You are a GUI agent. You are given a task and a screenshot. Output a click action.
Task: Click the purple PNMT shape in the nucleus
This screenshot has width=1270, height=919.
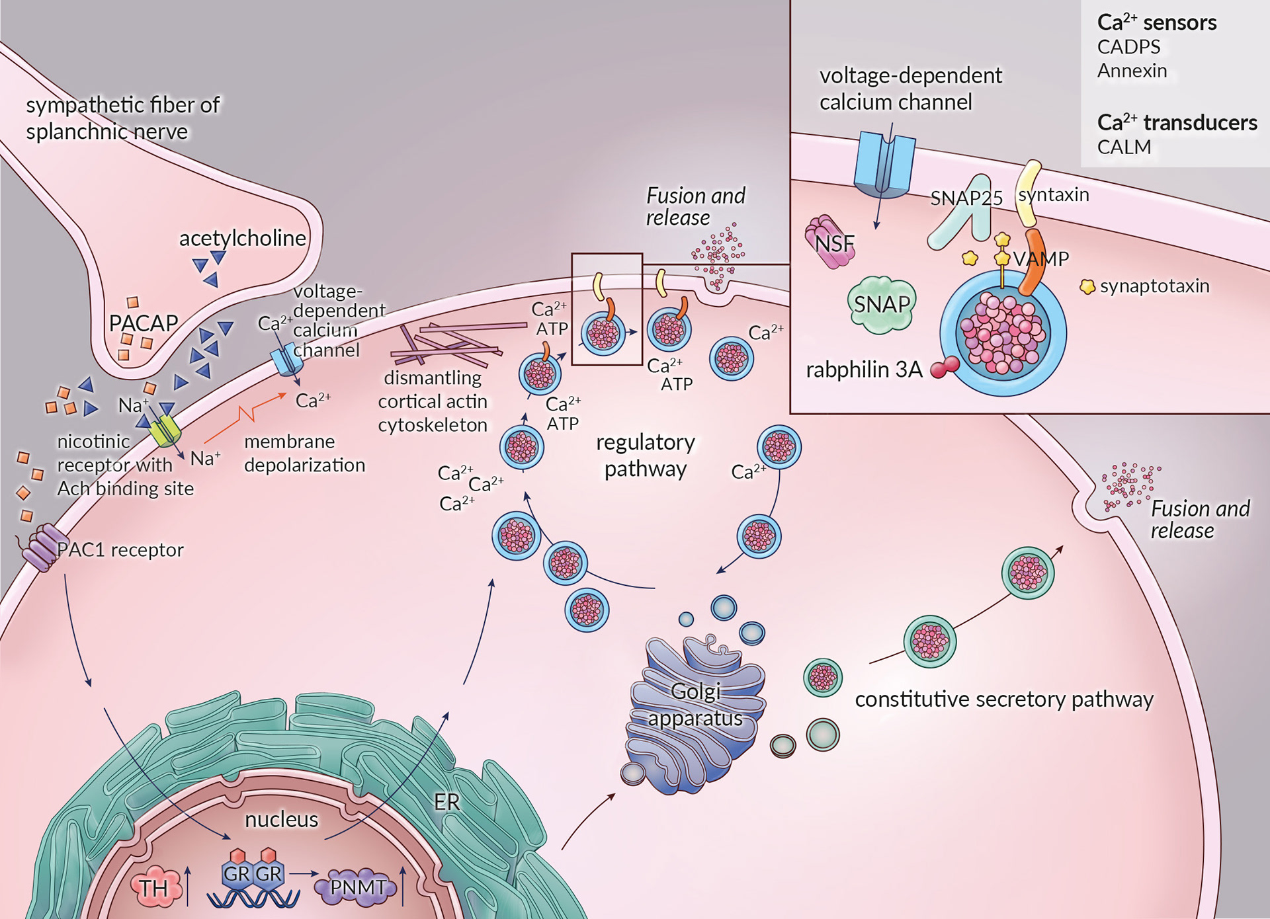point(357,887)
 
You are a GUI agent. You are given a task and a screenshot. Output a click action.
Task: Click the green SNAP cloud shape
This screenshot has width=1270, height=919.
point(882,304)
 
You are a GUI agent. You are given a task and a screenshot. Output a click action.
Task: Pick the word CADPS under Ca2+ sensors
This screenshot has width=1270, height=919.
point(1128,47)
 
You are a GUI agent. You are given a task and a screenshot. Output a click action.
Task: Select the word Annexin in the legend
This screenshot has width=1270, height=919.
point(1132,71)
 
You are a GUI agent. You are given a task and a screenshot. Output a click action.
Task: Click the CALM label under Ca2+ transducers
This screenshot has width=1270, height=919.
point(1124,147)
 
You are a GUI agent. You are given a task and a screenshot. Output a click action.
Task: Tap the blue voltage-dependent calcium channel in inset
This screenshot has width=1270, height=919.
point(884,164)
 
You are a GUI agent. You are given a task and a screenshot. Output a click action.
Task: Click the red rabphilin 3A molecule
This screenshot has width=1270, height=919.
point(945,367)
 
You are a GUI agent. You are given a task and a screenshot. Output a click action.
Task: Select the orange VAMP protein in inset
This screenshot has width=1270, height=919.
point(1032,262)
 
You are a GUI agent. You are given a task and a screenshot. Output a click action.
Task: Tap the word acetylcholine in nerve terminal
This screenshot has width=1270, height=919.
point(243,238)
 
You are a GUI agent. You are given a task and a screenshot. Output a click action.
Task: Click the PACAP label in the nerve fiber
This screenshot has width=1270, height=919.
point(144,323)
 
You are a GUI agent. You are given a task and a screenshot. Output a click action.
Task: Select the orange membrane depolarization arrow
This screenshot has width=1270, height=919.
point(245,416)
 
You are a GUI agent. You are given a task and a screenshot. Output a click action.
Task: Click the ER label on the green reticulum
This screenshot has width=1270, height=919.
point(446,802)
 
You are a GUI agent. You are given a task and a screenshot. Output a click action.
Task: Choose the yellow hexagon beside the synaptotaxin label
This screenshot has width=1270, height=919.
point(1087,286)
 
